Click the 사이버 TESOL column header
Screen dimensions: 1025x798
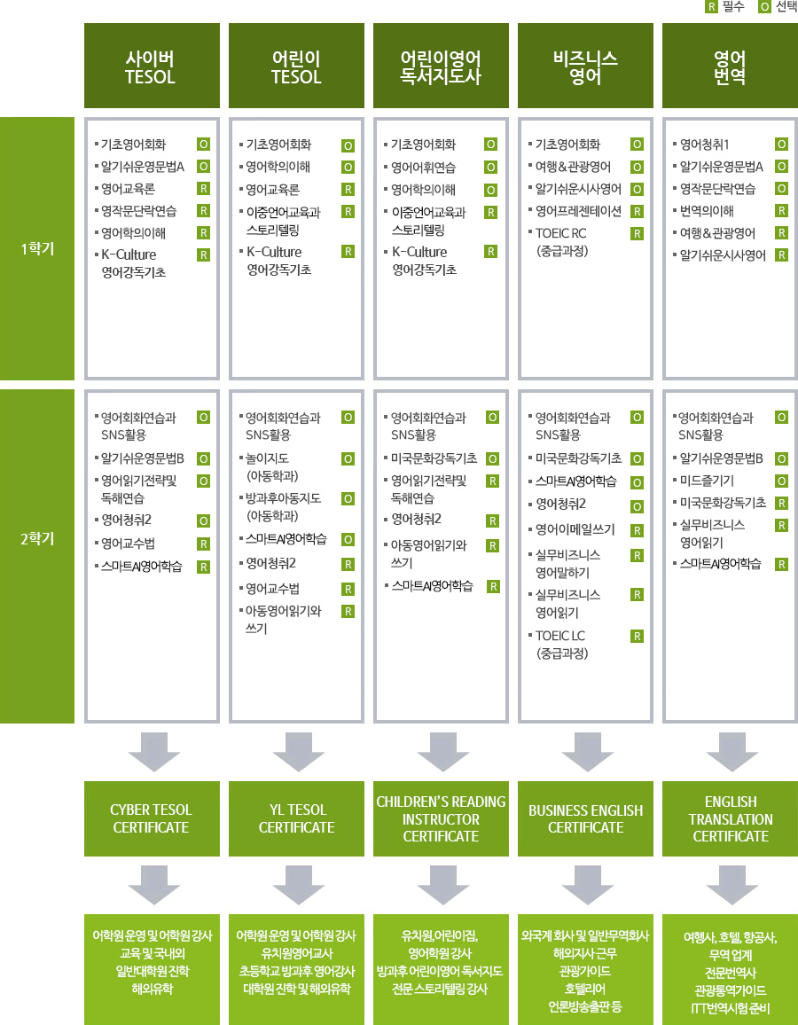click(x=152, y=68)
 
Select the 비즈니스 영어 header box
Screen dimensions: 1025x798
click(x=586, y=68)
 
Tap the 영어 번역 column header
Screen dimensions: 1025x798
click(x=731, y=68)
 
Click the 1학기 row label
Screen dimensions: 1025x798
click(x=37, y=248)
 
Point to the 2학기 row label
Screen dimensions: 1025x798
click(x=37, y=538)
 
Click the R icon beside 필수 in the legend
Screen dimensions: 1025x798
click(x=710, y=8)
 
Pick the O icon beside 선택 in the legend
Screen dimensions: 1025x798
click(x=764, y=8)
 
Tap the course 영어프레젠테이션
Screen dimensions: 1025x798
click(x=577, y=211)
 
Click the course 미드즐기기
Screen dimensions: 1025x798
click(x=707, y=480)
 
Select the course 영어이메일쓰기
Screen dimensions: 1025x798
click(x=576, y=530)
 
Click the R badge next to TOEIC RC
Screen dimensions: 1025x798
click(x=637, y=233)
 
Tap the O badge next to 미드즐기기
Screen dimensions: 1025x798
click(x=781, y=481)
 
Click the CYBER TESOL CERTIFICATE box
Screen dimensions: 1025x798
click(x=152, y=818)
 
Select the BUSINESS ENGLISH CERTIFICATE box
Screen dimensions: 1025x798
click(x=586, y=818)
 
